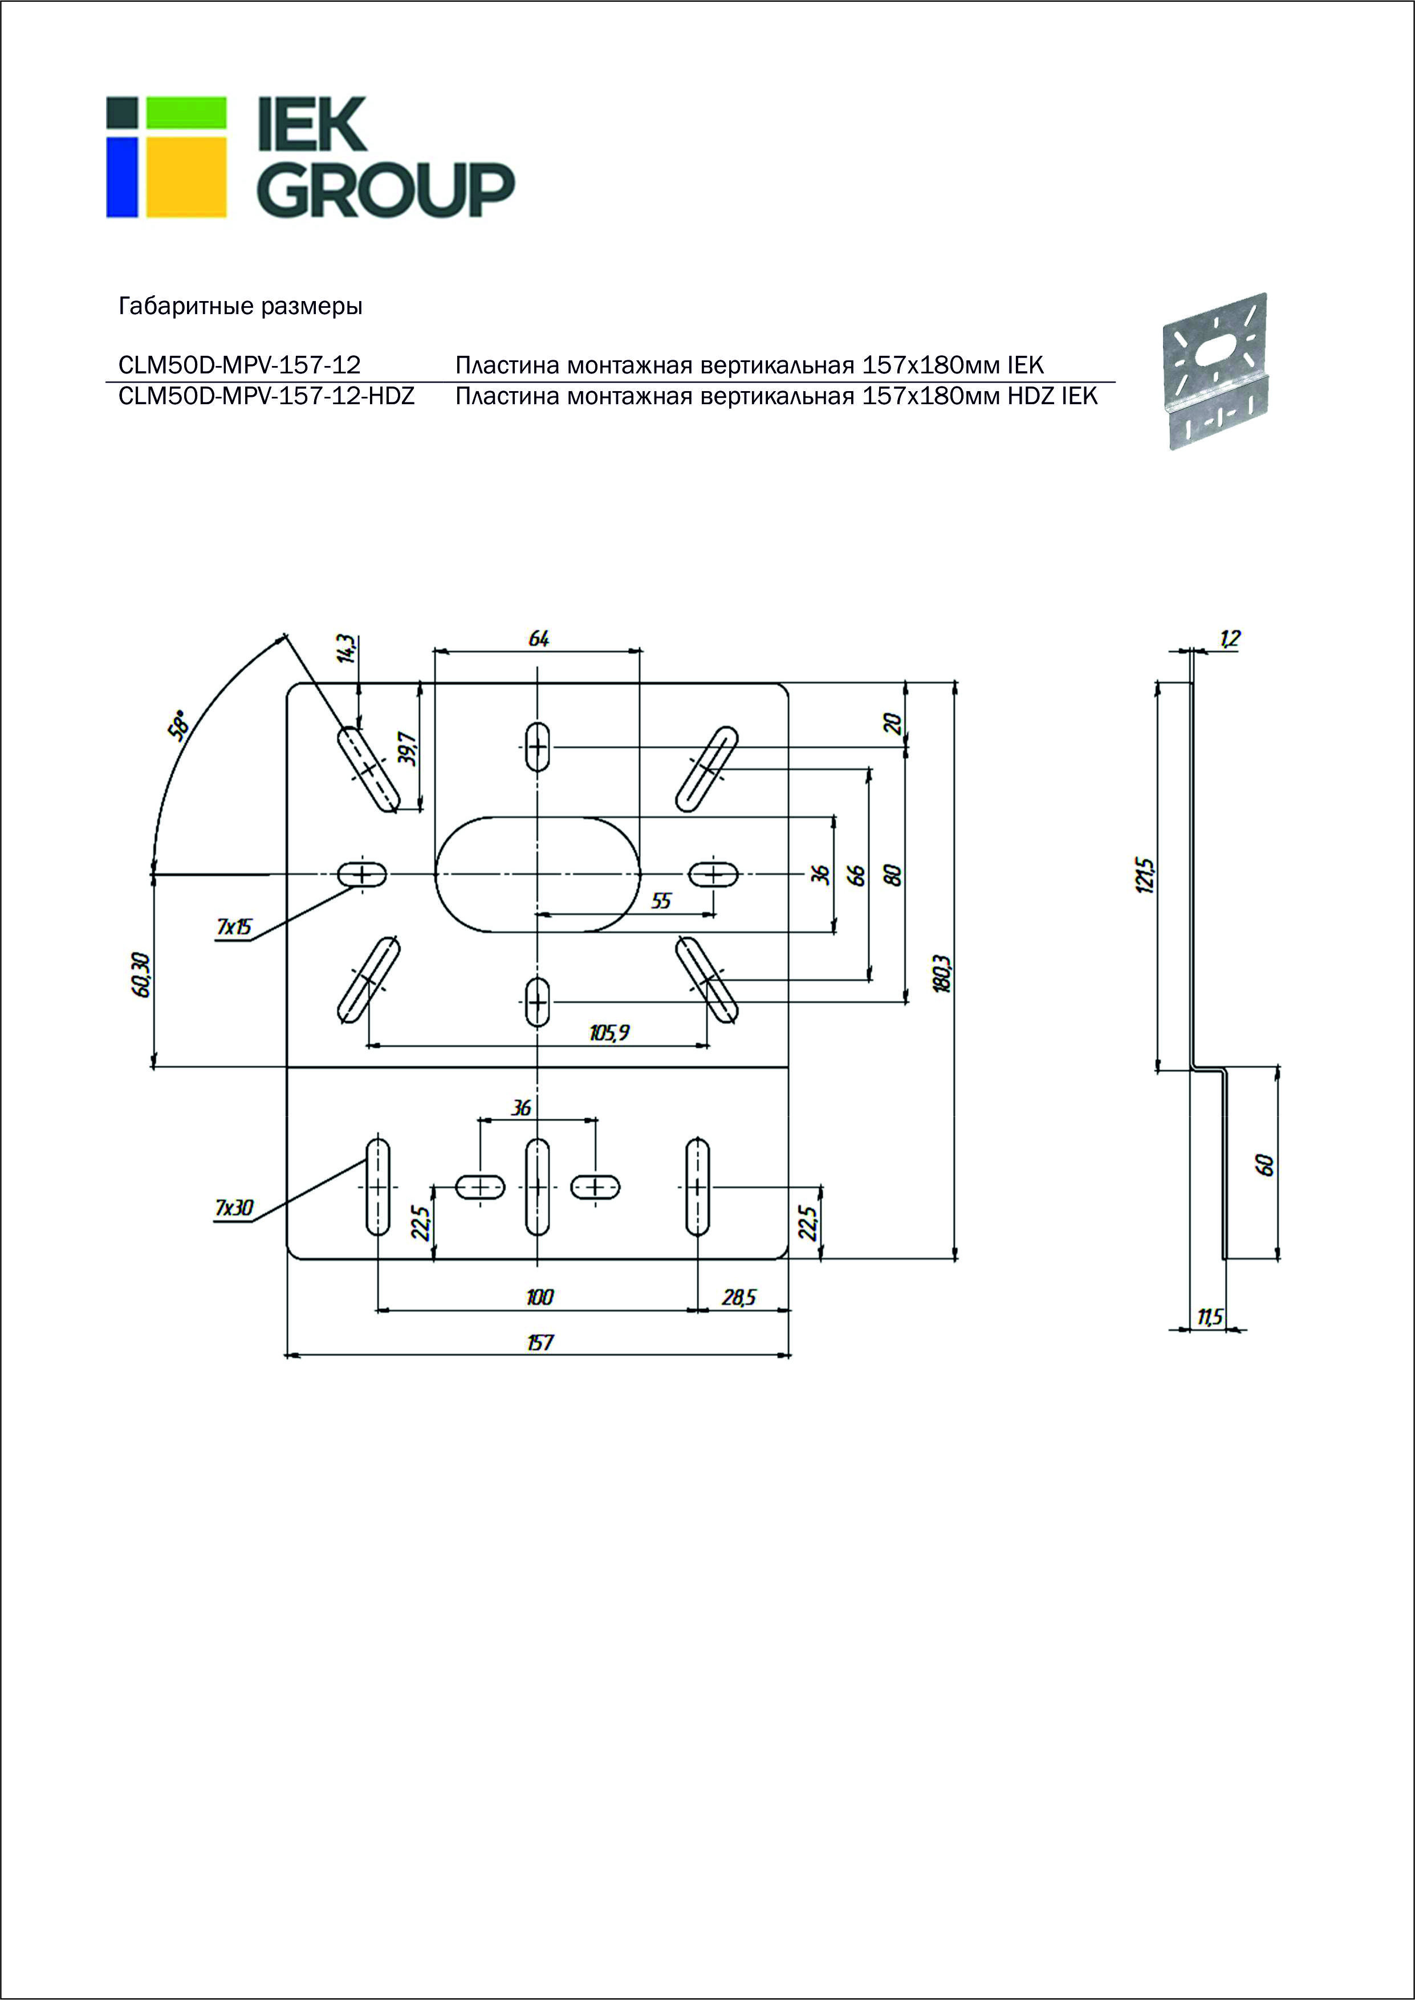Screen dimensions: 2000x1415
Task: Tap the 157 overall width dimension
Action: [x=539, y=1342]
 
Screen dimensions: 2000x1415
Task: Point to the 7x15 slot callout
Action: [x=234, y=926]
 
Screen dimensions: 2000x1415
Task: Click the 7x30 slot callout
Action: [x=234, y=1208]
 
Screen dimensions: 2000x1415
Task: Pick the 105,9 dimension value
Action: [x=609, y=1033]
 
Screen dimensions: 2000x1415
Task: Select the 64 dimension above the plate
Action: [x=539, y=639]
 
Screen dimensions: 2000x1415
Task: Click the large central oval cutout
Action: [x=538, y=873]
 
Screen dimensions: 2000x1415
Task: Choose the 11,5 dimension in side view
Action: [x=1209, y=1317]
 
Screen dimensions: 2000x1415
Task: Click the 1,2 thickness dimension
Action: [x=1229, y=639]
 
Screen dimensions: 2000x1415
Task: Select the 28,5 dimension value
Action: [x=739, y=1297]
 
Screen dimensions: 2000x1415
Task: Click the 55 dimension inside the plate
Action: [x=661, y=901]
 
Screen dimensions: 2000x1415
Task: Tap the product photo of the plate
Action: [x=1215, y=371]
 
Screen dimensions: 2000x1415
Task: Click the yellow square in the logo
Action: [x=186, y=177]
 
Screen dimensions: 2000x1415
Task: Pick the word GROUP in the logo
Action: [x=385, y=189]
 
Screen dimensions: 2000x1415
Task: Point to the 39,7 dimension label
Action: [x=408, y=748]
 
